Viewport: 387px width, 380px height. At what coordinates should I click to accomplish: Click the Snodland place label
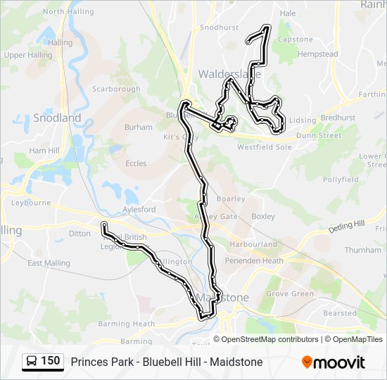coord(56,118)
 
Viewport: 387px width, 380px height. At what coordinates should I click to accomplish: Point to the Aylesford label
coord(139,210)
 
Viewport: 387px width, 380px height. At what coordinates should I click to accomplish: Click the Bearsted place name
coord(340,313)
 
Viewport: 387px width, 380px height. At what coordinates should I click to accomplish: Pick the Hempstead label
coord(317,54)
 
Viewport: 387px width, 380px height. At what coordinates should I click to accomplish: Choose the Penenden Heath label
coord(254,260)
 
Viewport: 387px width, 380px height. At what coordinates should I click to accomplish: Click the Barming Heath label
coord(115,324)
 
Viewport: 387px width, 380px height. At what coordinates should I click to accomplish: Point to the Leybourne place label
coord(31,203)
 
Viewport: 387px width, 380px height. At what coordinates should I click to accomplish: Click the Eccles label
coord(136,163)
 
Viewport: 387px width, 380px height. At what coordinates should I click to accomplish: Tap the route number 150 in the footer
coord(50,361)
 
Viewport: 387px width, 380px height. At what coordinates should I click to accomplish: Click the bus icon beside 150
coord(32,362)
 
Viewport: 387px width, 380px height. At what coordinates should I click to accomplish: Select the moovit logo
coord(334,362)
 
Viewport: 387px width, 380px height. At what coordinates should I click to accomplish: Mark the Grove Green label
coord(290,293)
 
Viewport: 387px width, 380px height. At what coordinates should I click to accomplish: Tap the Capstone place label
coord(295,39)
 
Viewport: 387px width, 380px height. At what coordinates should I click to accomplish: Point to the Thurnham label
coord(363,250)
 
